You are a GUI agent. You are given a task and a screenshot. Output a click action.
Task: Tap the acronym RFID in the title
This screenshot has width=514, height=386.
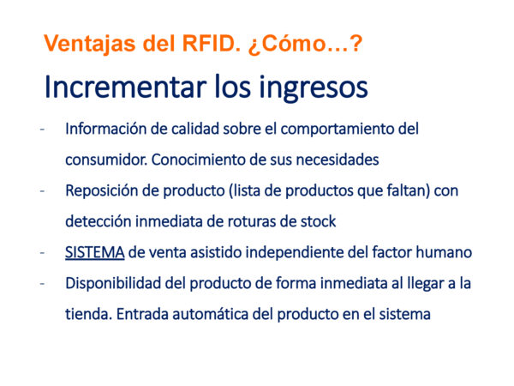211,43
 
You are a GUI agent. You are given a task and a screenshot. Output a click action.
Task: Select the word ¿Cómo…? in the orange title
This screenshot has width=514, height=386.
305,44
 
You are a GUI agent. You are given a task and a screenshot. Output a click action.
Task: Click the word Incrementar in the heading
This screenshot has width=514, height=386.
126,87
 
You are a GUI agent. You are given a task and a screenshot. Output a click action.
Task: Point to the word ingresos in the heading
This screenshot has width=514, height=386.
314,88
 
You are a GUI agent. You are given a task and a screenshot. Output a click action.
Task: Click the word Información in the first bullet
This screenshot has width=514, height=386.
105,129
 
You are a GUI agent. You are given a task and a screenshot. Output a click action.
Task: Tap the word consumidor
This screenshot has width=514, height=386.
106,160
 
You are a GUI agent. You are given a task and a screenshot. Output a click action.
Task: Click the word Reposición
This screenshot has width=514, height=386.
101,190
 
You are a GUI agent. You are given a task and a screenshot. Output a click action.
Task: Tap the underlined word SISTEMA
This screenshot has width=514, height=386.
95,252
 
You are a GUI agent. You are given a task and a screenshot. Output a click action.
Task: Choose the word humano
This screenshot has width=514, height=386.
444,252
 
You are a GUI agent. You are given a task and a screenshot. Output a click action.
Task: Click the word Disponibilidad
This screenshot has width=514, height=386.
113,283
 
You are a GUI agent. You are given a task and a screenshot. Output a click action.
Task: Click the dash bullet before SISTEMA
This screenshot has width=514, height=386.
42,253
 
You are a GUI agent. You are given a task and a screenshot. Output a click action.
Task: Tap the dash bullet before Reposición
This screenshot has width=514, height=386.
42,191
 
